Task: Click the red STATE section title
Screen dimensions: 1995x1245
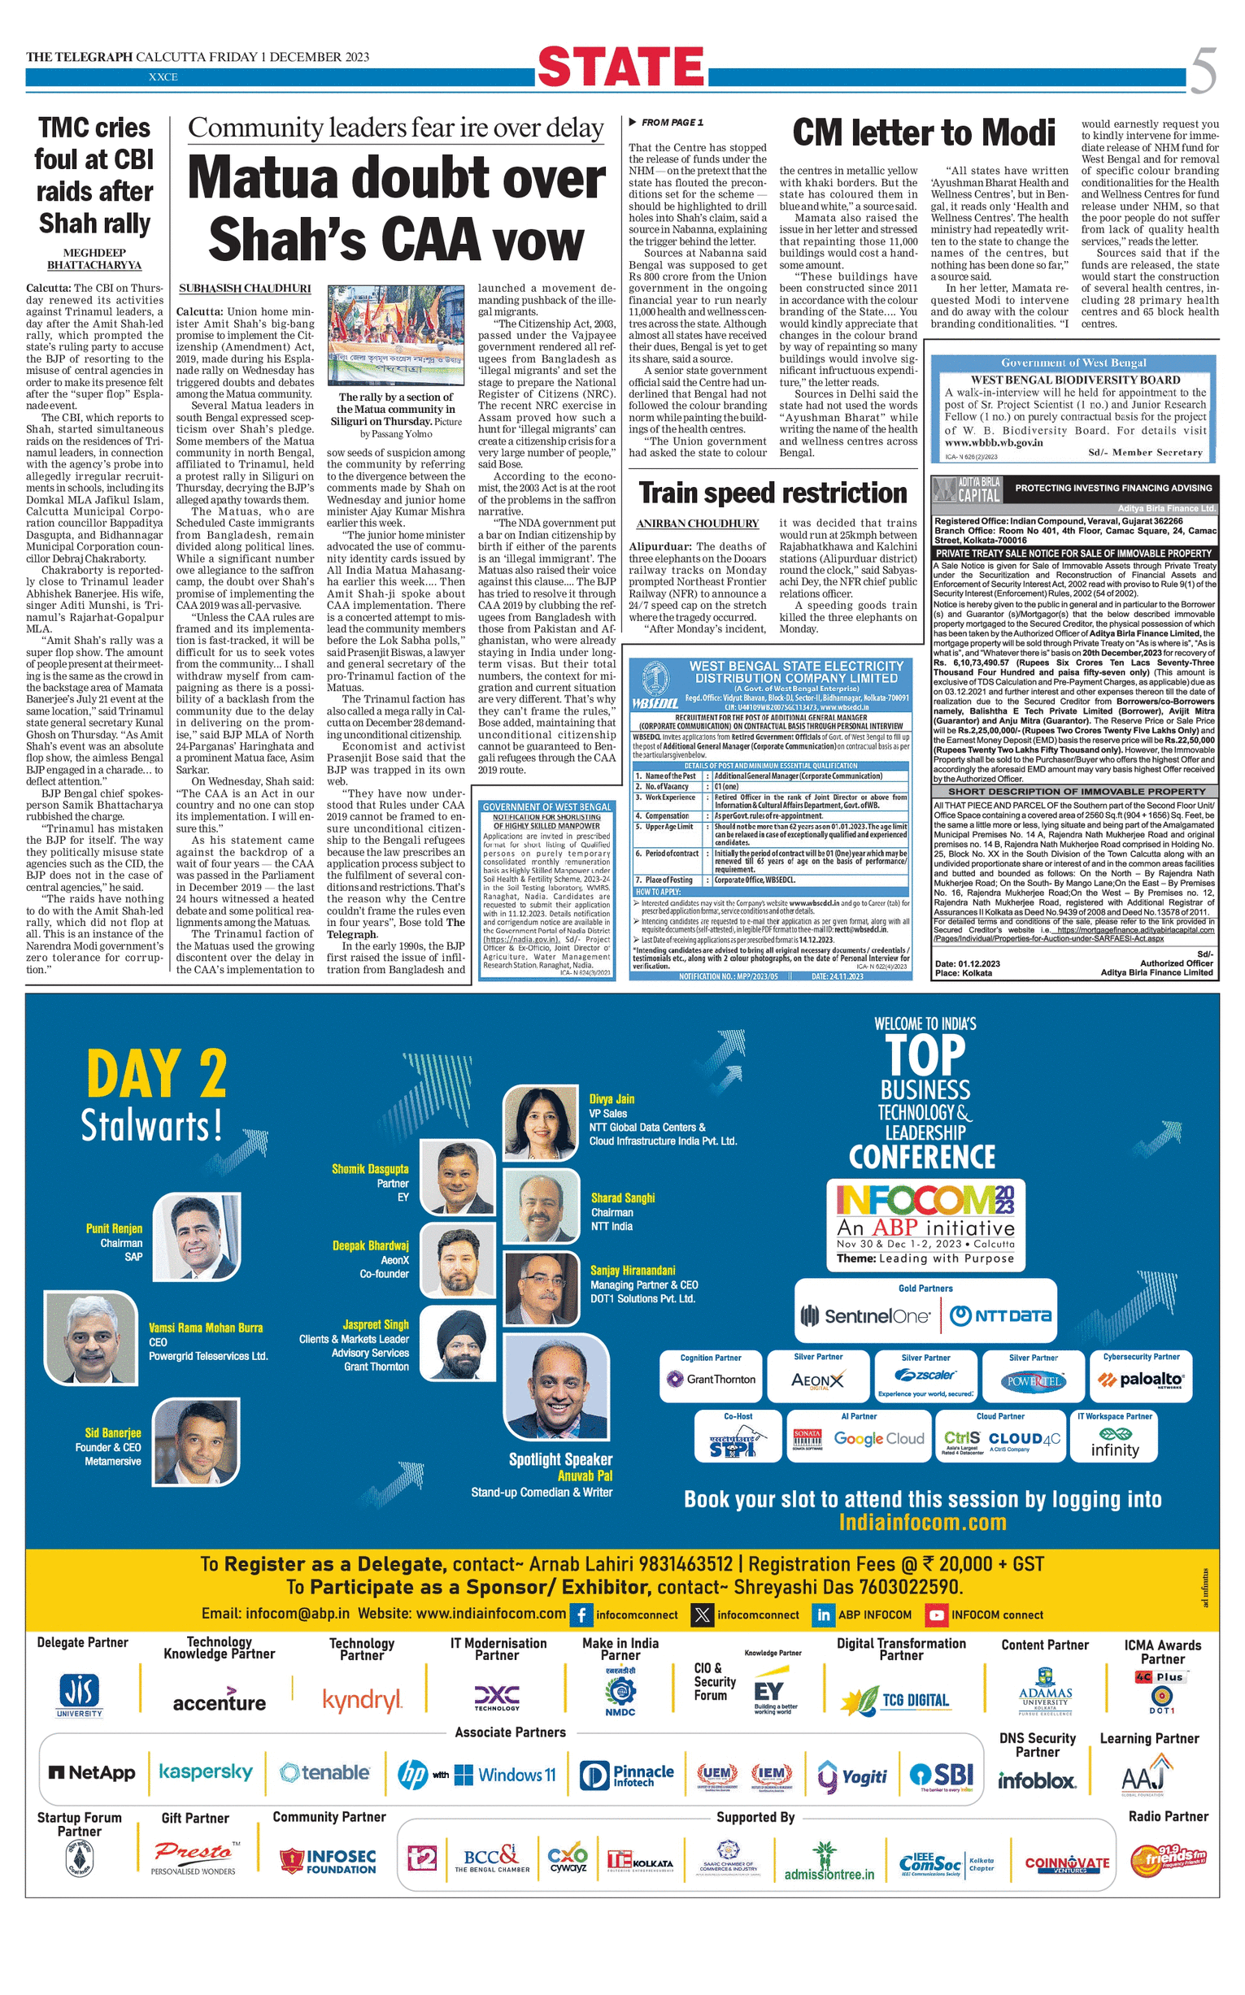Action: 620,67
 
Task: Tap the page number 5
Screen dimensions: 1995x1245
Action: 1202,71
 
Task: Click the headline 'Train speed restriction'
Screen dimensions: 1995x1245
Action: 773,492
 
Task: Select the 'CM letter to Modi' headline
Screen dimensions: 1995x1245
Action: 923,133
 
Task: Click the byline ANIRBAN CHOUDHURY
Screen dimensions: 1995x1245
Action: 698,524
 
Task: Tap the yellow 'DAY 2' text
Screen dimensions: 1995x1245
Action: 156,1074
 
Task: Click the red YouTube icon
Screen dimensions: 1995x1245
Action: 936,1615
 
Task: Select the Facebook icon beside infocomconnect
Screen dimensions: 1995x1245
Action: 581,1615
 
